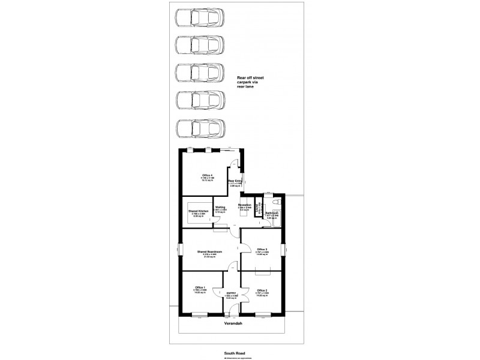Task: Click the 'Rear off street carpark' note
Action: pyautogui.click(x=250, y=82)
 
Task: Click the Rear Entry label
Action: pyautogui.click(x=235, y=181)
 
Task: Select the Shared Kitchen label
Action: pyautogui.click(x=198, y=212)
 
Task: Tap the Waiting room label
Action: pyautogui.click(x=220, y=208)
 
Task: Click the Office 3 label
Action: pyautogui.click(x=262, y=250)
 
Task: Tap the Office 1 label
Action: pyautogui.click(x=200, y=288)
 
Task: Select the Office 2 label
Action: pyautogui.click(x=262, y=290)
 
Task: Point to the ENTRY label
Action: pyautogui.click(x=232, y=293)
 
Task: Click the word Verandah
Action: pyautogui.click(x=233, y=323)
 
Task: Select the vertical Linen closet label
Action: pyautogui.click(x=259, y=208)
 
